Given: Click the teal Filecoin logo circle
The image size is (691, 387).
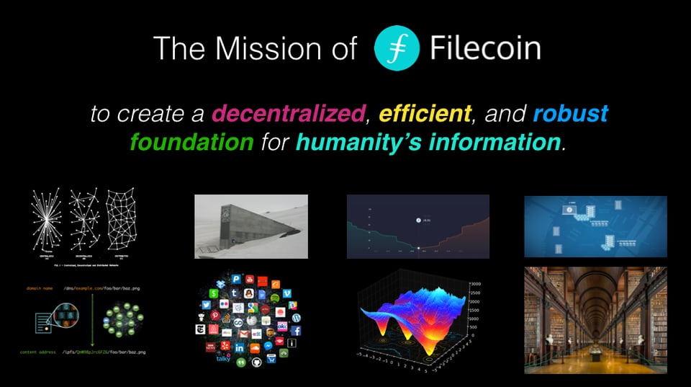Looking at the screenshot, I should (397, 48).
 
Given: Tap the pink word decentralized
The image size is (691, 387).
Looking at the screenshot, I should (287, 113).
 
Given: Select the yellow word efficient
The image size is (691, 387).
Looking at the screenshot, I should (425, 113).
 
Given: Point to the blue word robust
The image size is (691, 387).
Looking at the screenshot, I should (571, 113).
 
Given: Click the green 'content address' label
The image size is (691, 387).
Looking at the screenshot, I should (45, 352).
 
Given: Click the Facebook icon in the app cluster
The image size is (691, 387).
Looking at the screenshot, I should (297, 331).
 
